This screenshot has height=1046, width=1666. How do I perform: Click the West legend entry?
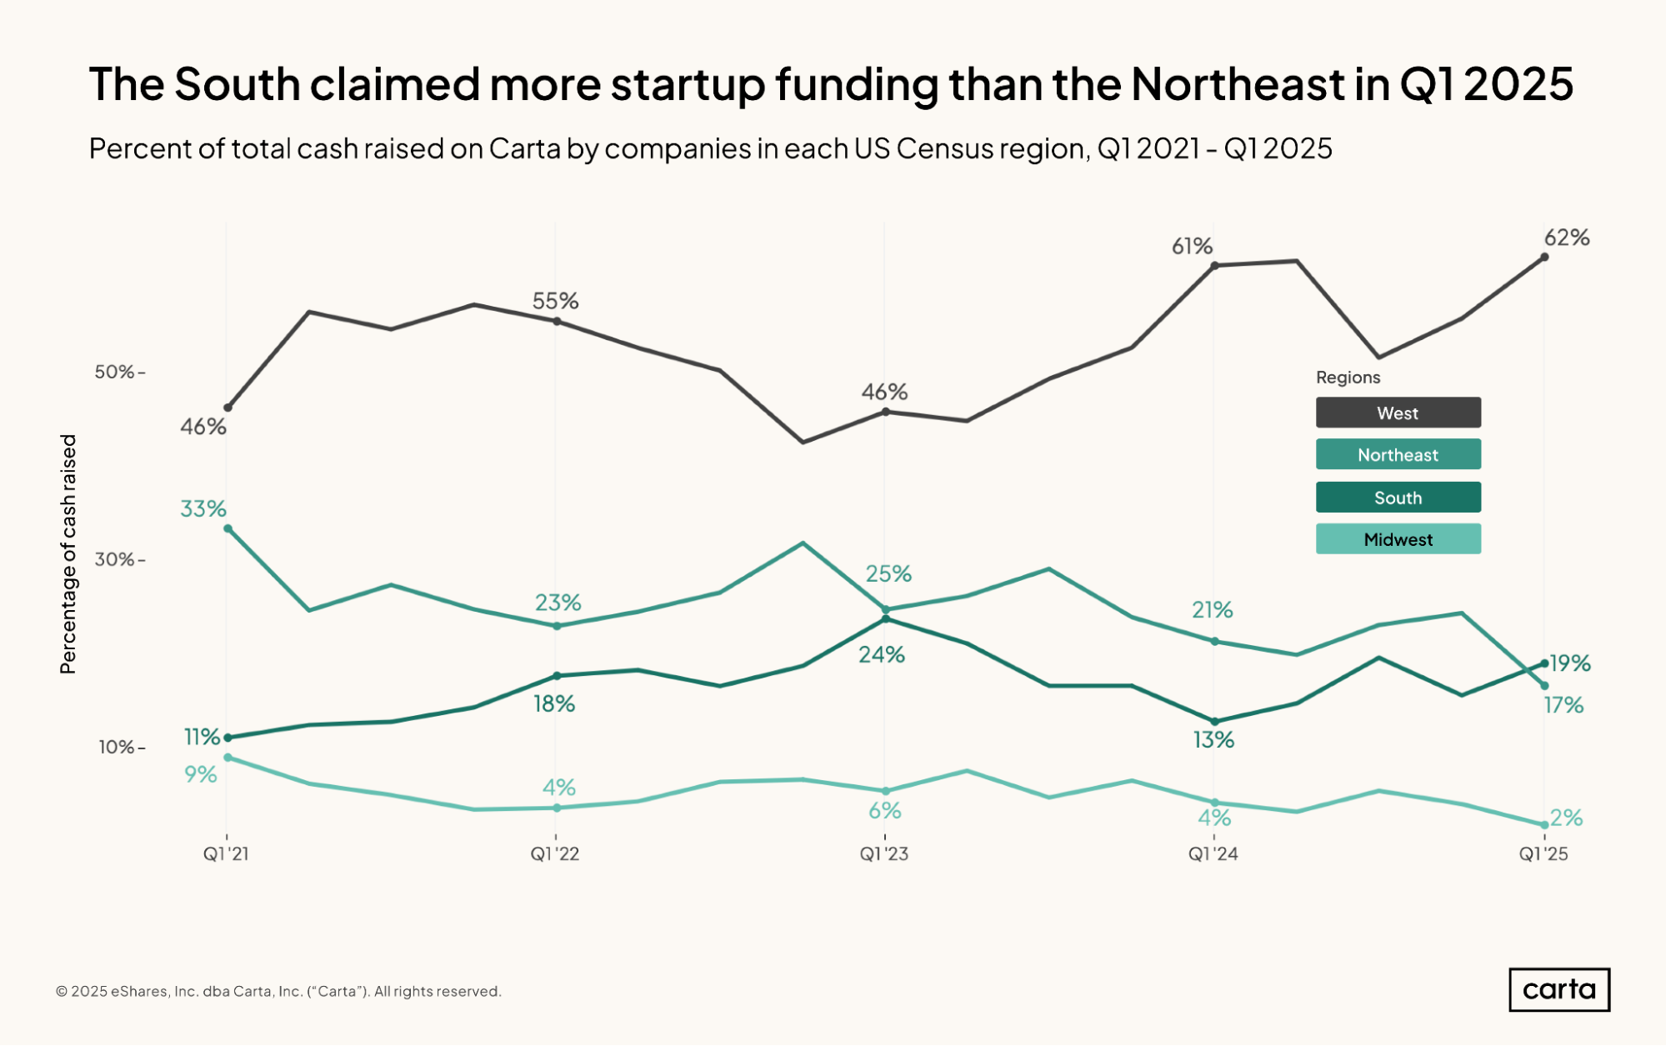pyautogui.click(x=1398, y=413)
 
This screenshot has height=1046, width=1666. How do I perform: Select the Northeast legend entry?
pyautogui.click(x=1398, y=454)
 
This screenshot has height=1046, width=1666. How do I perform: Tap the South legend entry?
pyautogui.click(x=1398, y=498)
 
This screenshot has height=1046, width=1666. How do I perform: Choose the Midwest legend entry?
pyautogui.click(x=1398, y=539)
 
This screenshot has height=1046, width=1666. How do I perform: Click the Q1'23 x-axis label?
pyautogui.click(x=884, y=854)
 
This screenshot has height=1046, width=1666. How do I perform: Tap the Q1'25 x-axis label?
pyautogui.click(x=1543, y=854)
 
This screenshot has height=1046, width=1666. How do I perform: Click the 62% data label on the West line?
pyautogui.click(x=1567, y=238)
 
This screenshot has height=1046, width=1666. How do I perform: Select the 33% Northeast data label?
pyautogui.click(x=203, y=508)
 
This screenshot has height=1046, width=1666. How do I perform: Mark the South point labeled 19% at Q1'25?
pyautogui.click(x=1544, y=663)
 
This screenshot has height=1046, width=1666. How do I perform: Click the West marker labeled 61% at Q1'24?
pyautogui.click(x=1214, y=266)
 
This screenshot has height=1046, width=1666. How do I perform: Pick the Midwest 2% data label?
pyautogui.click(x=1567, y=818)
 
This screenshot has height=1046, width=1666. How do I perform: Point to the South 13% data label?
pyautogui.click(x=1213, y=740)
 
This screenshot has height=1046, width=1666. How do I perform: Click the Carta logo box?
pyautogui.click(x=1558, y=989)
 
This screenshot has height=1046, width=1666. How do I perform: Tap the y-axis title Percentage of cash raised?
pyautogui.click(x=68, y=553)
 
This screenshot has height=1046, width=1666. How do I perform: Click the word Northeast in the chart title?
pyautogui.click(x=1238, y=84)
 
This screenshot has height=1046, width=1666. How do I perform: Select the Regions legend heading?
pyautogui.click(x=1348, y=378)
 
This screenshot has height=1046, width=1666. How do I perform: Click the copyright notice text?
pyautogui.click(x=278, y=991)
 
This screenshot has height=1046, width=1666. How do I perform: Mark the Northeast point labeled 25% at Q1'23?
pyautogui.click(x=885, y=609)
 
